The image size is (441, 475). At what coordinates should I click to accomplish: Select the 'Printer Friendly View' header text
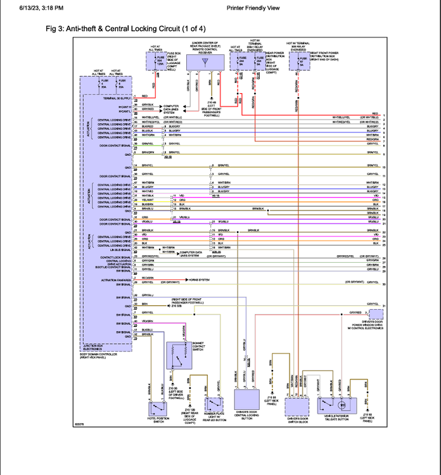click(x=253, y=8)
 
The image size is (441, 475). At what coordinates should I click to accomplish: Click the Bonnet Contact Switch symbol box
click(x=179, y=358)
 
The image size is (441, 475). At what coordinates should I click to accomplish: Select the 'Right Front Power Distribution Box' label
click(x=324, y=55)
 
